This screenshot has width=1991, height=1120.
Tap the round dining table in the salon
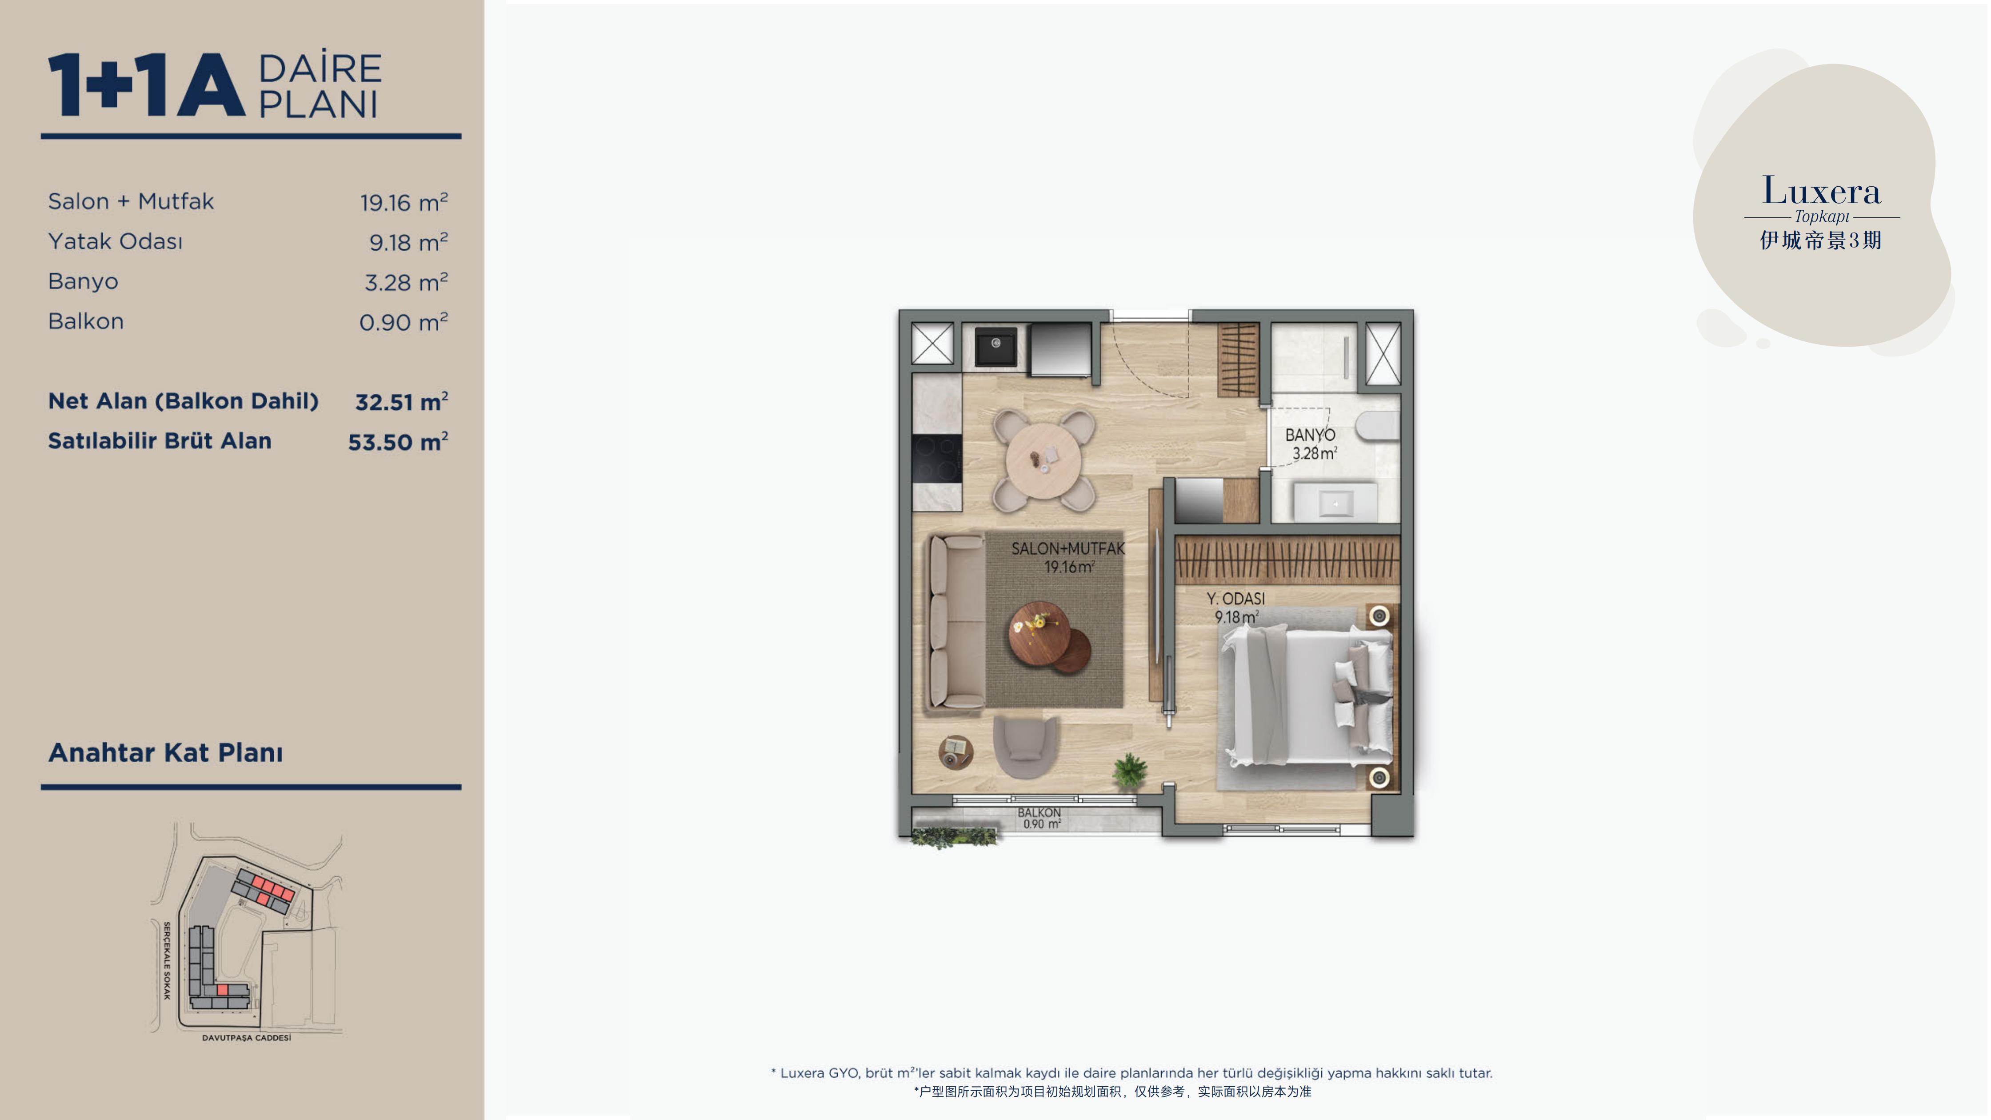pos(1043,460)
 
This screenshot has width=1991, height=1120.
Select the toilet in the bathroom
pos(1378,426)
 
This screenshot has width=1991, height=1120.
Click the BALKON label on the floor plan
pos(1039,812)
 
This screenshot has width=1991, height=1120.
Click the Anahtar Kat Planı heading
pos(165,752)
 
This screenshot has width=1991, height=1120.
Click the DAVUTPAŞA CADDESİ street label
pos(247,1038)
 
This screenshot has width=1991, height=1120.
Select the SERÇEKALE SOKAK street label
pos(166,960)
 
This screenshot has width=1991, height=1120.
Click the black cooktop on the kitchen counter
pos(937,458)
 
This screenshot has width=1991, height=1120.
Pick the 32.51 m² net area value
pos(402,401)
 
